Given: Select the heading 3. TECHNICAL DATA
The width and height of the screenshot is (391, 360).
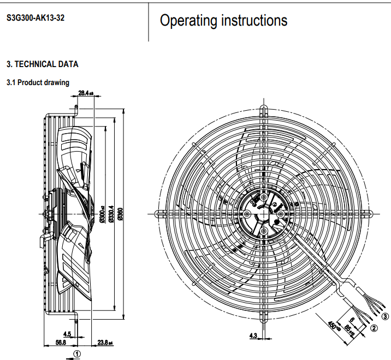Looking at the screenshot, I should [42, 64].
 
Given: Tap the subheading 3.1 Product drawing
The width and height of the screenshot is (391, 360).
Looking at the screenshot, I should [38, 83].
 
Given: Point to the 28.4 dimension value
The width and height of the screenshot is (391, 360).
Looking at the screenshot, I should [85, 93].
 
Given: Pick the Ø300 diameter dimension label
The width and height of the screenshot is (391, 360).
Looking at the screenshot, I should [102, 214].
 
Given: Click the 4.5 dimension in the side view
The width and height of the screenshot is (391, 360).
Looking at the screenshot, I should [67, 333].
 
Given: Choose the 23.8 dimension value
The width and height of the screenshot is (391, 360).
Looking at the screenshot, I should [104, 343].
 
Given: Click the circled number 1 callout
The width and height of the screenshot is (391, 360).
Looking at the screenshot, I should [78, 353].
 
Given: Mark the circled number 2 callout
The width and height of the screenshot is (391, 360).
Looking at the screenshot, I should [374, 328].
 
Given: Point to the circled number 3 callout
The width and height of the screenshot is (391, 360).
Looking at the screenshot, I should [386, 316].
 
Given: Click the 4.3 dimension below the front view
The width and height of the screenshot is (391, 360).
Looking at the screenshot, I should [253, 335].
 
